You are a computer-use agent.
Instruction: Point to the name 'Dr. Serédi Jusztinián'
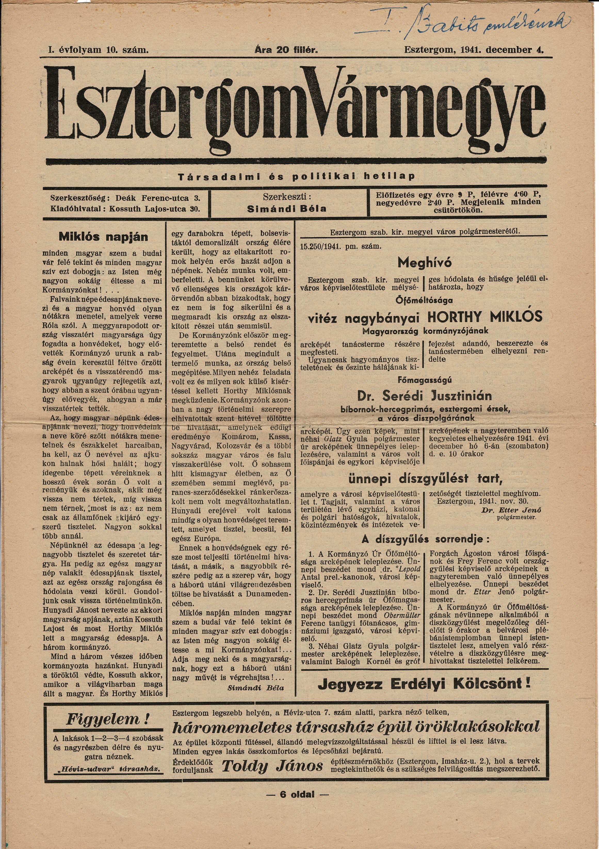point(424,396)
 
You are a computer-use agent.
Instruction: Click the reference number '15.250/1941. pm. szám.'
point(340,246)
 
